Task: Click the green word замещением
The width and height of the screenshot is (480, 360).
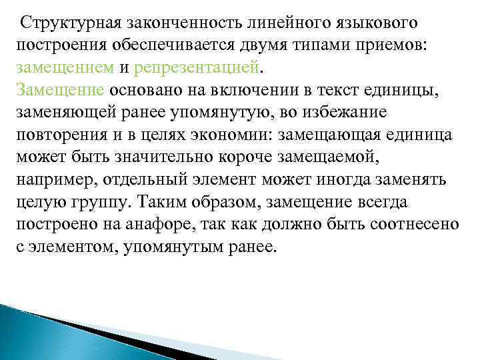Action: point(65,67)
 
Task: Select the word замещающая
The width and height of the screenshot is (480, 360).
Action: point(331,134)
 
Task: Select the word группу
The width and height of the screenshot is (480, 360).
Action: point(98,201)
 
